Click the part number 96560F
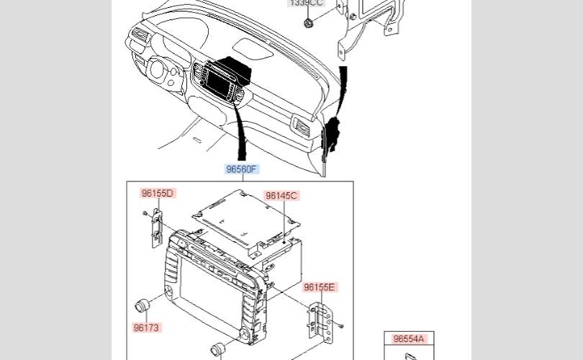[x=241, y=169]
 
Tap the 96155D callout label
[x=158, y=193]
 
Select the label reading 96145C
[x=281, y=195]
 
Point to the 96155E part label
[x=320, y=287]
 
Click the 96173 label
[x=146, y=328]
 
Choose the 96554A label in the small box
[x=409, y=338]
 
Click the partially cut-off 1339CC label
[x=306, y=3]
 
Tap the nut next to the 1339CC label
[x=308, y=23]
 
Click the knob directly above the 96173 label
[x=143, y=305]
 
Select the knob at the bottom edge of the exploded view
[x=217, y=350]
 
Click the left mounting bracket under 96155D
[x=157, y=228]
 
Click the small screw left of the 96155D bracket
[x=145, y=212]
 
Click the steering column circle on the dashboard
[x=158, y=70]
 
